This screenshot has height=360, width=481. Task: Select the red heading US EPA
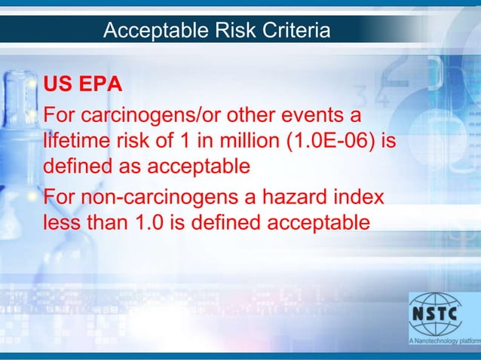tap(83, 84)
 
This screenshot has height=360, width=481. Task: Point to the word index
tap(358, 199)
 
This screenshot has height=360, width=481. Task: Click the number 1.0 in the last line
tap(152, 223)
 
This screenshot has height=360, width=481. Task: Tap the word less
tap(62, 223)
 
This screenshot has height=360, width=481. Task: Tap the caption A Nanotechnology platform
tap(444, 342)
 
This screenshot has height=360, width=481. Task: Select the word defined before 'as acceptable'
tap(79, 165)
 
